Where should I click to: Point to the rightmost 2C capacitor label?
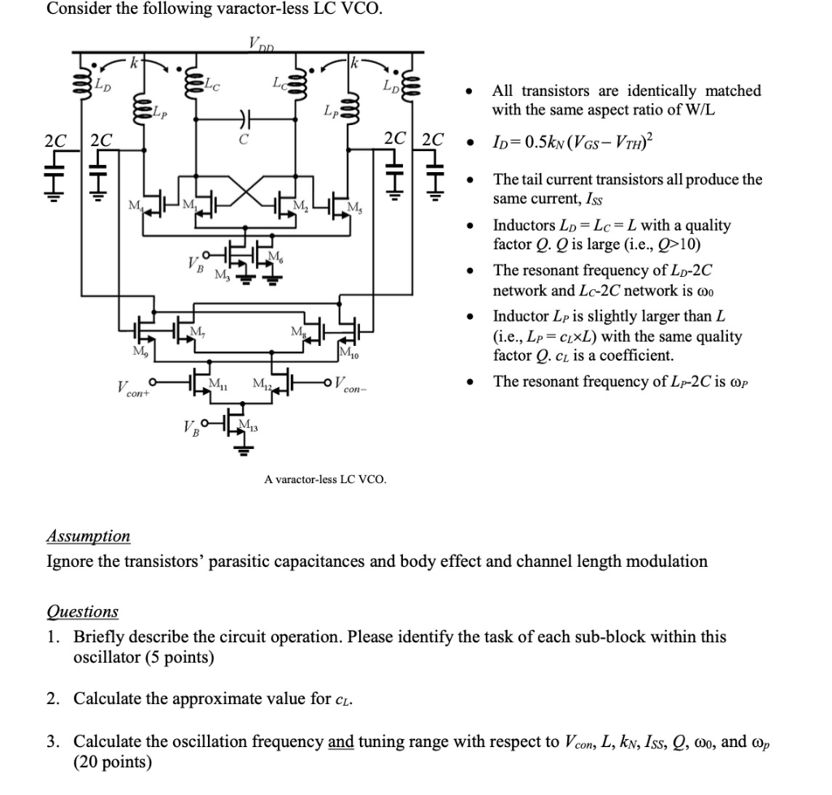click(x=433, y=139)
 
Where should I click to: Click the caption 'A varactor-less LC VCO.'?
click(x=325, y=479)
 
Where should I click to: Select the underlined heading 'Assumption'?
click(x=88, y=536)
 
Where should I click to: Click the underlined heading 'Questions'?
click(x=82, y=611)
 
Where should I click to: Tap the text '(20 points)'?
click(x=112, y=761)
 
